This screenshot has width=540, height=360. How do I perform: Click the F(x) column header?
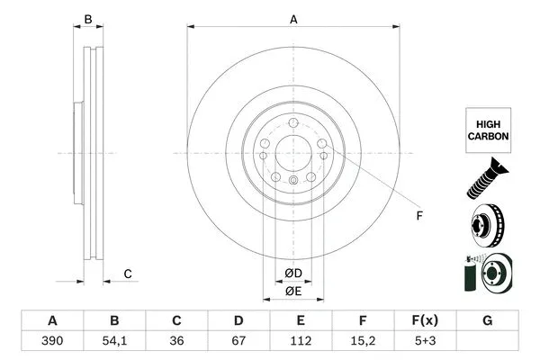pos(425,321)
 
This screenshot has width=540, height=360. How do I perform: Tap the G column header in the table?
pos(487,321)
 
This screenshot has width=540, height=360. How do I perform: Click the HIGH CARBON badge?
pos(487,129)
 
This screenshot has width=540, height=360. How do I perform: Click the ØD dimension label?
pos(292,273)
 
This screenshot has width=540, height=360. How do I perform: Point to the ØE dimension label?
pos(292,291)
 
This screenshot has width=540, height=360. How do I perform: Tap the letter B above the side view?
pos(87,19)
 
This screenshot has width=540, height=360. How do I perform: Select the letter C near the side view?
pos(128,274)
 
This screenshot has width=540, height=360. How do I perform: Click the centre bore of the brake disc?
pos(292,152)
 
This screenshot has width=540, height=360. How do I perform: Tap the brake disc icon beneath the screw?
pos(487,225)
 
